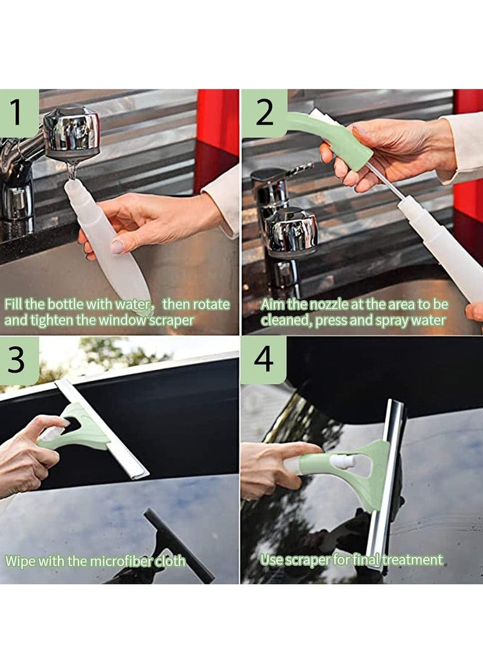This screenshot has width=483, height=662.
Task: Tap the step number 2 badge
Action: (264, 113)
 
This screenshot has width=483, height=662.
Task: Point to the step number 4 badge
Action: (264, 360)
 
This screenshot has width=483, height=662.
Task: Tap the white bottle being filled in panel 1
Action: (109, 242)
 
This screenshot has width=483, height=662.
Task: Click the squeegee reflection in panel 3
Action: (175, 544)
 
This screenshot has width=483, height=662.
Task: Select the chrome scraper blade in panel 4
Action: (386, 483)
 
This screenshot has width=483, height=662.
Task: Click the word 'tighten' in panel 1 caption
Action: (56, 320)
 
